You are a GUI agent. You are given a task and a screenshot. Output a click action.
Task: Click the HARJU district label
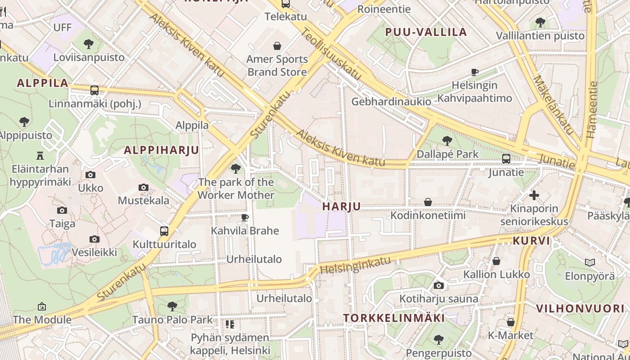point(342,207)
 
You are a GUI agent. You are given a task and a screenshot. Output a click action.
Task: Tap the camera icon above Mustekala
point(144,187)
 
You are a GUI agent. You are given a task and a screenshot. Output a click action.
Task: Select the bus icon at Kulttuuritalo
point(164,231)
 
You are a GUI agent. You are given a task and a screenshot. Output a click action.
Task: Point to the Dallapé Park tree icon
point(447,141)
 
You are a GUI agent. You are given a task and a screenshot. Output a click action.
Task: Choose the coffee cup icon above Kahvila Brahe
point(245,218)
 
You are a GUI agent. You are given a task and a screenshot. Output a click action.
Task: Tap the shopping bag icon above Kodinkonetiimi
point(428,202)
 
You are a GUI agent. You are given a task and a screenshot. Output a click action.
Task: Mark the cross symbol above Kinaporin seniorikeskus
point(534,195)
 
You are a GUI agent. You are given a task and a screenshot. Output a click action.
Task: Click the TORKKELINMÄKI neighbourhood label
point(394,318)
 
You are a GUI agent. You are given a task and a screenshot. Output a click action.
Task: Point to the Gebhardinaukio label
point(391,102)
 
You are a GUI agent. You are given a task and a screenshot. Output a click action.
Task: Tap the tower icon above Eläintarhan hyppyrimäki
point(40,156)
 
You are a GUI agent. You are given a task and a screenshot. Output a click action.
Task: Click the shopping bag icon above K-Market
point(510,322)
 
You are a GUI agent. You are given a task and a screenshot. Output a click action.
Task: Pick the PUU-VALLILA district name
point(426,32)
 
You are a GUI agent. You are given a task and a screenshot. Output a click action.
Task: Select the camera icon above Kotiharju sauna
point(438,285)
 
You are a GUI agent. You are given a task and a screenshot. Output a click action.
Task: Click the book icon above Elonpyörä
point(589,262)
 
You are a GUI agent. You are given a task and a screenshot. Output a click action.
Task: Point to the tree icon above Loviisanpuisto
point(89,44)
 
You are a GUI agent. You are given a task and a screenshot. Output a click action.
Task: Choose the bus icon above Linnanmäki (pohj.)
point(94,90)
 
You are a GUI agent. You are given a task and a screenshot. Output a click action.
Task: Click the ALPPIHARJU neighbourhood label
point(161,150)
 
